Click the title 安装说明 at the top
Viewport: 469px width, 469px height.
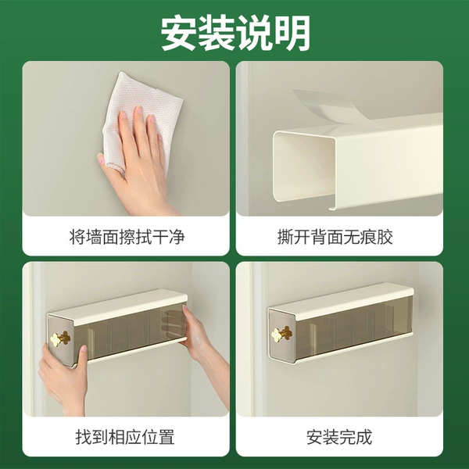coord(234,33)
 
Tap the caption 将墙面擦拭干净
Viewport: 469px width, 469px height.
coord(127,237)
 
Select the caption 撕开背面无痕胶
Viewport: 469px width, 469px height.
coord(335,237)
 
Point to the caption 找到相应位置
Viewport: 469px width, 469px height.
coord(125,437)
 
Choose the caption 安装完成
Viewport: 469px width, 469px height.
coord(339,437)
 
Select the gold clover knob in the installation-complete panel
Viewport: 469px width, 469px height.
coord(281,334)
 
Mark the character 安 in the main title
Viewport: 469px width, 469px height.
coord(179,33)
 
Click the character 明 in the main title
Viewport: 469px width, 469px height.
coord(292,33)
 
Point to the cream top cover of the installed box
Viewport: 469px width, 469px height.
coord(341,297)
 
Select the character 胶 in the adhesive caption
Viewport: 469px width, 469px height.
coord(385,237)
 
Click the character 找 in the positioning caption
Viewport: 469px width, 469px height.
coord(84,437)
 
